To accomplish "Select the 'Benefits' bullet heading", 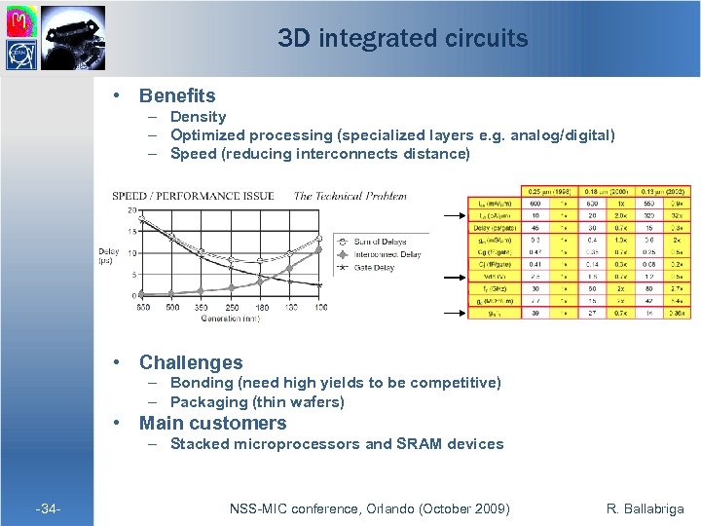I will click(177, 95).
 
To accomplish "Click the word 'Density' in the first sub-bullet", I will click(198, 117).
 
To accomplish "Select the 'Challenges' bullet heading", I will click(191, 362).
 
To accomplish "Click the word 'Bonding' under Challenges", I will click(202, 383).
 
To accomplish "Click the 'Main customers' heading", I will click(212, 423).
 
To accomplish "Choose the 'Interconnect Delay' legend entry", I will click(387, 252).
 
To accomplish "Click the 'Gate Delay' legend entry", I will click(376, 265).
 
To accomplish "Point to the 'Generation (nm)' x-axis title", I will click(233, 318).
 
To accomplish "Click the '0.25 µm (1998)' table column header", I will click(549, 190).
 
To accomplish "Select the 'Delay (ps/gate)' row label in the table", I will click(495, 228).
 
